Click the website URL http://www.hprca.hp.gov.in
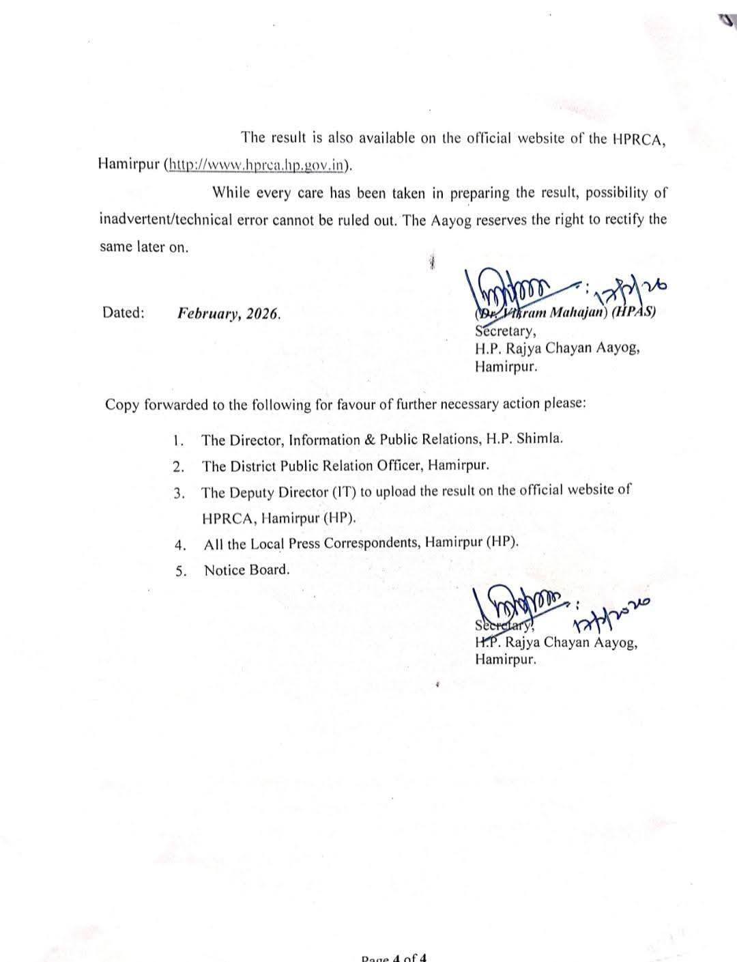(259, 165)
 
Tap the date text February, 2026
(229, 314)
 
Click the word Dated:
(124, 313)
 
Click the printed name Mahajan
(576, 313)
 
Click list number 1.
(179, 440)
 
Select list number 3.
(179, 493)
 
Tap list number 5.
(180, 571)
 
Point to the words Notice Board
(246, 570)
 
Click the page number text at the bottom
(394, 957)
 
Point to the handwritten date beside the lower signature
(611, 612)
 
